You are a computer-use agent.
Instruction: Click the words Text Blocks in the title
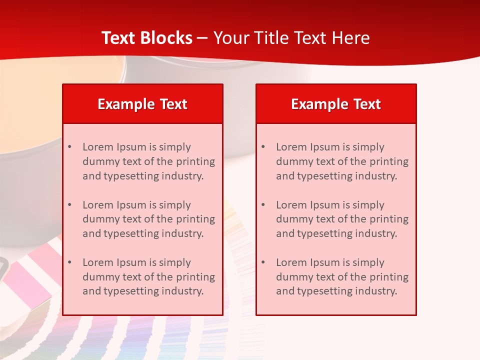click(x=147, y=38)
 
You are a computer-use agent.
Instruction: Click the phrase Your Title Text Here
click(x=291, y=38)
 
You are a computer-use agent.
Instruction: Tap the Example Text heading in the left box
click(x=142, y=104)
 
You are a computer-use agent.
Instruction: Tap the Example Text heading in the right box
click(x=336, y=104)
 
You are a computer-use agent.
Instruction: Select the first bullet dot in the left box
click(x=69, y=147)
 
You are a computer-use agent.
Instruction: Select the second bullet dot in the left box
click(x=69, y=205)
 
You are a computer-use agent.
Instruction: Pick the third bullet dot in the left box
click(x=69, y=262)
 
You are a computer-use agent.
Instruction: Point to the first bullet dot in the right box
click(x=263, y=147)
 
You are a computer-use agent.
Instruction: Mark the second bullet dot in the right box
click(x=263, y=205)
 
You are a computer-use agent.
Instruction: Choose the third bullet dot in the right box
click(x=263, y=262)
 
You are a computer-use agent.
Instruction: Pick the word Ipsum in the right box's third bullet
click(x=323, y=262)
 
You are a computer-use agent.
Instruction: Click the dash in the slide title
click(x=202, y=38)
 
